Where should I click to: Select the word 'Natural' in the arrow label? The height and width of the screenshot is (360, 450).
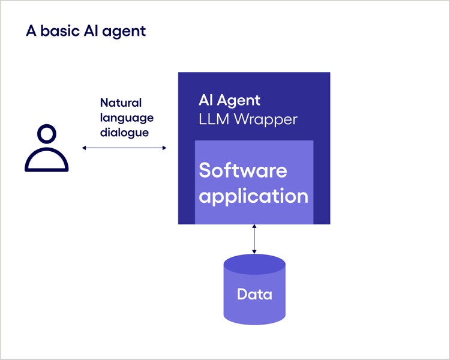(121, 103)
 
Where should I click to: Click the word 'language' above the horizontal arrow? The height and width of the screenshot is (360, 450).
(127, 118)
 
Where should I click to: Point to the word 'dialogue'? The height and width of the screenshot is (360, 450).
(125, 132)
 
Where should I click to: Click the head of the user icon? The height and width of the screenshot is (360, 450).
(46, 134)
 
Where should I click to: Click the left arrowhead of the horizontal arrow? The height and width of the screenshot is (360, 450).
(84, 147)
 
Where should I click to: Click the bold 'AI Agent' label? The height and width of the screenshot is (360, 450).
(229, 101)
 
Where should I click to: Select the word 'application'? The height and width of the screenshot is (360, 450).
(253, 196)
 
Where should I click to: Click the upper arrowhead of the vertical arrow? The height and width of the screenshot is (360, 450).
(254, 227)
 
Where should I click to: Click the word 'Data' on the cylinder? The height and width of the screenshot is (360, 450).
(254, 295)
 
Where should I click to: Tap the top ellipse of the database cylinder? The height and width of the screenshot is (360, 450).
(254, 265)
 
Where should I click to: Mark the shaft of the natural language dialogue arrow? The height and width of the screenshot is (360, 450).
(124, 147)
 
